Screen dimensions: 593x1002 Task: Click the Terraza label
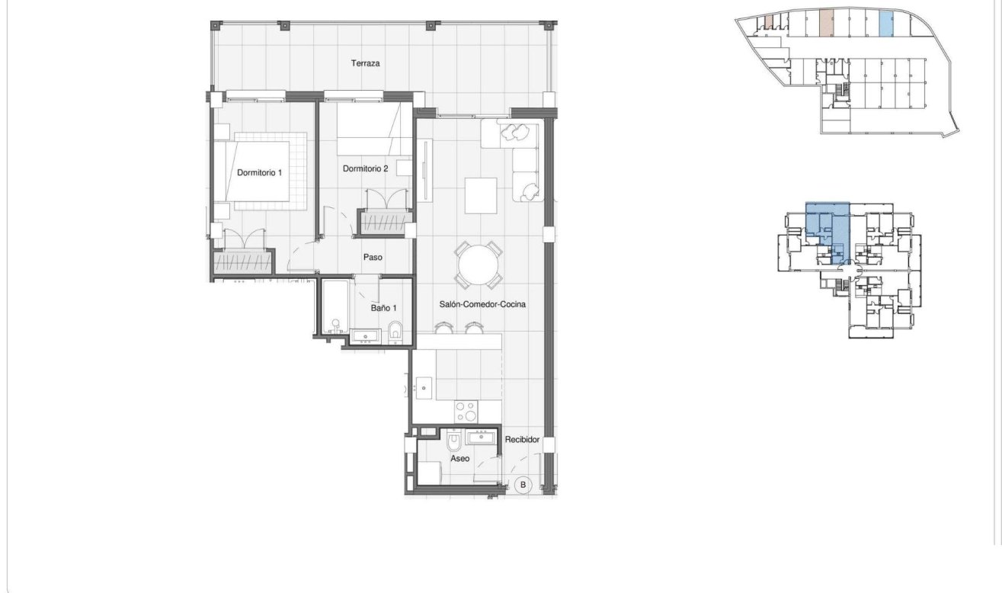pos(365,63)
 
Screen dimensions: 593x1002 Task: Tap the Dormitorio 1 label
pos(259,173)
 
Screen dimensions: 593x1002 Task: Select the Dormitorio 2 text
pos(366,168)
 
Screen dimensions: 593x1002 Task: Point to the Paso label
pos(372,258)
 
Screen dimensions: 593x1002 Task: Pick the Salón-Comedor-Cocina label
pos(482,304)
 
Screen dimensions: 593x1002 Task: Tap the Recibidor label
pos(522,440)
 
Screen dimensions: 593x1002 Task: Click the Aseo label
pos(459,459)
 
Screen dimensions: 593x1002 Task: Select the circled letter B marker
pos(523,484)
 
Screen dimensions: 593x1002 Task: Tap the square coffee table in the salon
pos(481,196)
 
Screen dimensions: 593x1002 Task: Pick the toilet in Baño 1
pos(395,332)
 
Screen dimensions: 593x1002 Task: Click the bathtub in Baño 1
pos(335,308)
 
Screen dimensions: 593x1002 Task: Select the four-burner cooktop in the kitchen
pos(466,412)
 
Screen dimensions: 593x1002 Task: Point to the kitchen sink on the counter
pos(423,389)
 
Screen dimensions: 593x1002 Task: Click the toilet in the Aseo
pos(453,442)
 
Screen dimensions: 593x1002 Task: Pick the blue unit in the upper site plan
pos(885,24)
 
